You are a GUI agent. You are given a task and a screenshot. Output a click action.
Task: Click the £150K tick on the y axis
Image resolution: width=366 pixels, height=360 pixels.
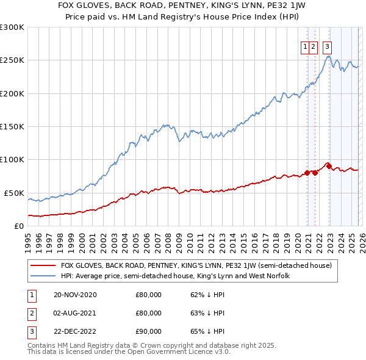(12, 127)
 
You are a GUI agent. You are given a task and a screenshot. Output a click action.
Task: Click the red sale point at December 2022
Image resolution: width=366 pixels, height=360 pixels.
(328, 166)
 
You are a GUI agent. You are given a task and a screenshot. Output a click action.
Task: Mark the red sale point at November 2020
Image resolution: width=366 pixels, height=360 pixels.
(306, 173)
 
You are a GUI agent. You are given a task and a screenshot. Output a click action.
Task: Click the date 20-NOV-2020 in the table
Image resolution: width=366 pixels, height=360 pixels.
(75, 295)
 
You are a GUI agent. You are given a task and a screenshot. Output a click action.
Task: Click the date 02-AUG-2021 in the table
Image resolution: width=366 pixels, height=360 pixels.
(75, 313)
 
